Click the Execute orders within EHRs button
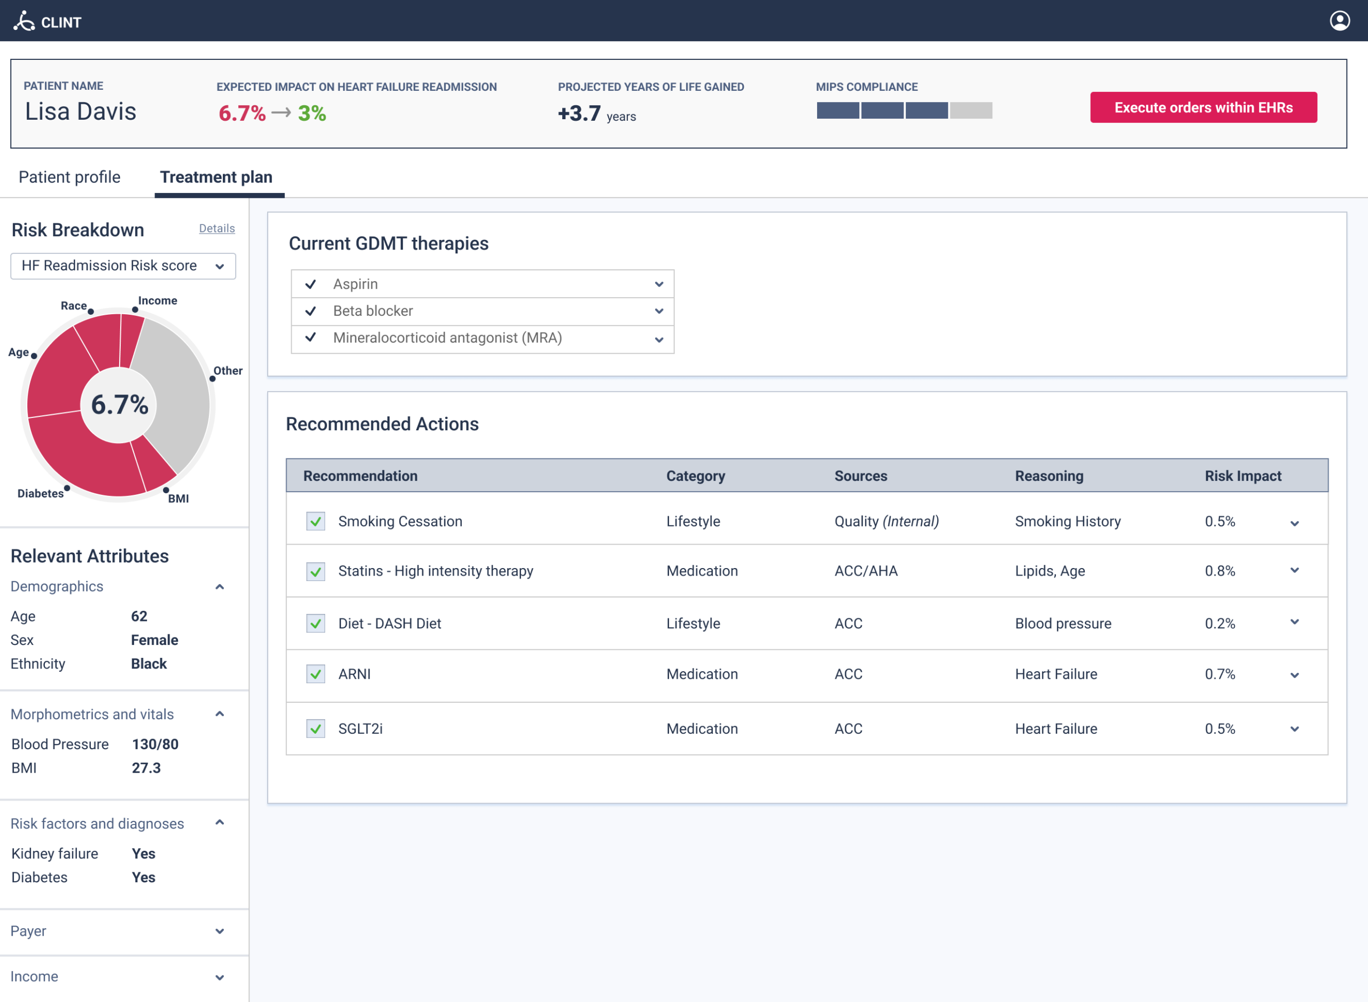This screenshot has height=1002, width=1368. click(1203, 107)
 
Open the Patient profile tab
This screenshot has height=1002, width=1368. click(69, 177)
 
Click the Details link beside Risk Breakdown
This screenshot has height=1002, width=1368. click(216, 229)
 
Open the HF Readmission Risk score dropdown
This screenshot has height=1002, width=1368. click(123, 266)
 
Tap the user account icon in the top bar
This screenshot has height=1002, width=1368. click(1340, 21)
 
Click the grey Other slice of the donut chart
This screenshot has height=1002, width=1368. click(176, 394)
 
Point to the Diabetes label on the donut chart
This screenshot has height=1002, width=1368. click(40, 494)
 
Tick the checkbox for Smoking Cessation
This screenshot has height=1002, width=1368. click(315, 522)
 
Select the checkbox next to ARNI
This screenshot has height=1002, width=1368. click(315, 674)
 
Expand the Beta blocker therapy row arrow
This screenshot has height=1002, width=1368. click(659, 312)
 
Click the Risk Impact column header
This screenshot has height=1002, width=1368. click(1242, 476)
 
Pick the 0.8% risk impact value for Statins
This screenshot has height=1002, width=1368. click(1219, 571)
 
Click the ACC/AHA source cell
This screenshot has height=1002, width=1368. click(865, 571)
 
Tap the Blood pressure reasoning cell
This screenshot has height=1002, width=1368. click(1062, 624)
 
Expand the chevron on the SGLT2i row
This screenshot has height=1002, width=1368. click(1294, 729)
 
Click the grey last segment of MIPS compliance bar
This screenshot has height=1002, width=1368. click(971, 111)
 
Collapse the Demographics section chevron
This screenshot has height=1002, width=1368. click(220, 587)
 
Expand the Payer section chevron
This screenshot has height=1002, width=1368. click(220, 931)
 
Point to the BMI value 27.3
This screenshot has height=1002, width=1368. click(146, 768)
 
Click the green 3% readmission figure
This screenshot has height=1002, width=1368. click(312, 113)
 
